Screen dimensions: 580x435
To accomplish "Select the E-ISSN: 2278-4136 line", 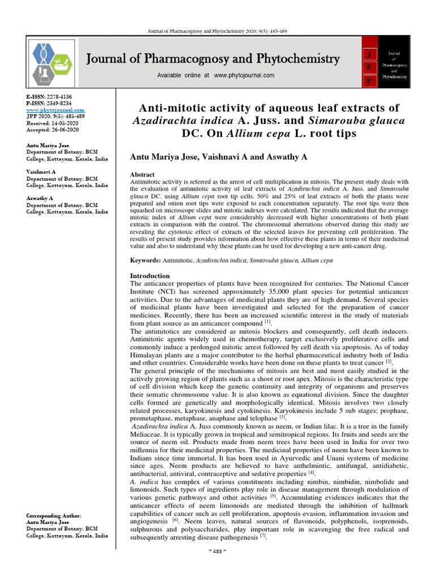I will coord(49,97).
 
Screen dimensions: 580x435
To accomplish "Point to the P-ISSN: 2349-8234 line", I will coord(49,104).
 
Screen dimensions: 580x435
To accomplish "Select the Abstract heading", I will coord(142,174).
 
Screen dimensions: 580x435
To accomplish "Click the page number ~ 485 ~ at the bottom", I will coord(217,568).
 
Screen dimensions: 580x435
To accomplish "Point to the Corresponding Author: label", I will coord(54,516).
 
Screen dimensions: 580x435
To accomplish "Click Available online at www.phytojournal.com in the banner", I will coord(208,75).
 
